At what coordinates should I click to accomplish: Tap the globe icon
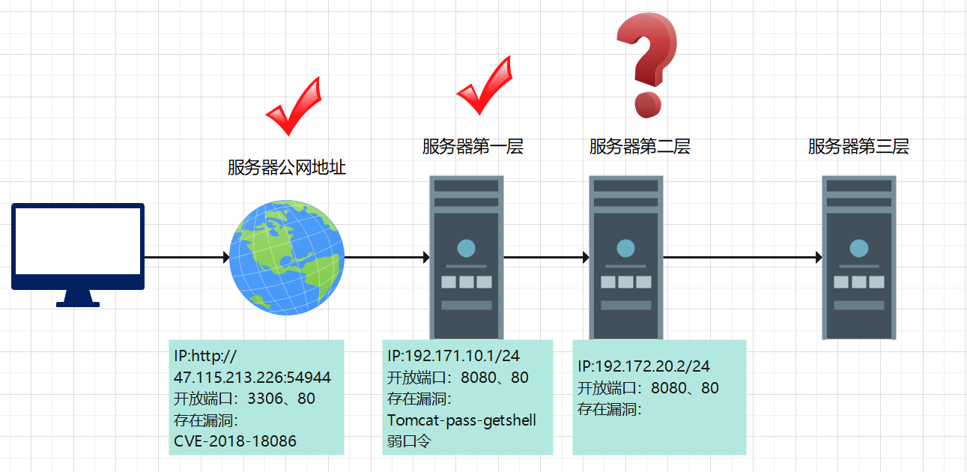click(x=287, y=257)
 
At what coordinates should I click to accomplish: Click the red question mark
click(x=646, y=66)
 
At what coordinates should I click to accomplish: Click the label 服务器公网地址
click(x=287, y=167)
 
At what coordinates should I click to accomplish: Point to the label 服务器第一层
click(x=473, y=147)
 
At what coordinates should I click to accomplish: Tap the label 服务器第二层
click(x=640, y=147)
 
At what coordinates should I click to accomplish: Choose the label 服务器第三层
click(x=858, y=147)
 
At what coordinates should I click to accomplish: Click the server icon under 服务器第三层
click(x=858, y=257)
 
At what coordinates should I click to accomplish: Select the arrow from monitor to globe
click(x=187, y=257)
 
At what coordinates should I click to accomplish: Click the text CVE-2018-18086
click(x=235, y=441)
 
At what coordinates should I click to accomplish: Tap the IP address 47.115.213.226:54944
click(x=252, y=377)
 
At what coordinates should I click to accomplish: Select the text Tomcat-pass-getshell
click(x=461, y=420)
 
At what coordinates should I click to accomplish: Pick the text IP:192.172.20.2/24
click(x=644, y=366)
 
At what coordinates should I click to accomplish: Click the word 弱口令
click(x=409, y=441)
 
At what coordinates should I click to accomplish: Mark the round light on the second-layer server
click(x=625, y=248)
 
